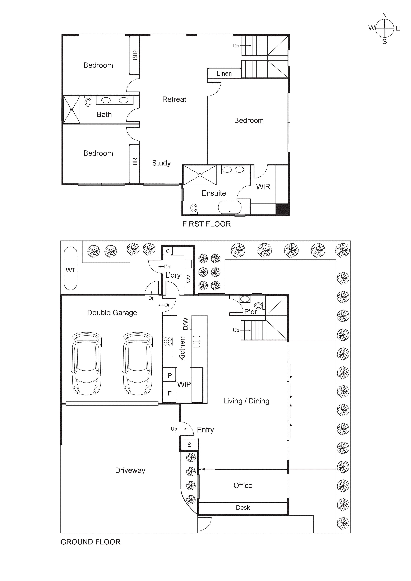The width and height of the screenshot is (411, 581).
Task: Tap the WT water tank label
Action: point(70,270)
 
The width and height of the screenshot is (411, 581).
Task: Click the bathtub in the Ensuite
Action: point(230,207)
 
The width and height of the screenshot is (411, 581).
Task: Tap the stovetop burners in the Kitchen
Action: point(168,341)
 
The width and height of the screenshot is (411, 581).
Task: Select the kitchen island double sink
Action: point(197,341)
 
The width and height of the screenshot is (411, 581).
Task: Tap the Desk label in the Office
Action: point(243,508)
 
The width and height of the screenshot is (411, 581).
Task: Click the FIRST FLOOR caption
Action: point(206,224)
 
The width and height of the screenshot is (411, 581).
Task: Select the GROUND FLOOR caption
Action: point(90,542)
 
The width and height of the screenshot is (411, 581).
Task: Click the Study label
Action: point(161,163)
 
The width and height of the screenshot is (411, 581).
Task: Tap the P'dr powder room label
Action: point(250,312)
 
